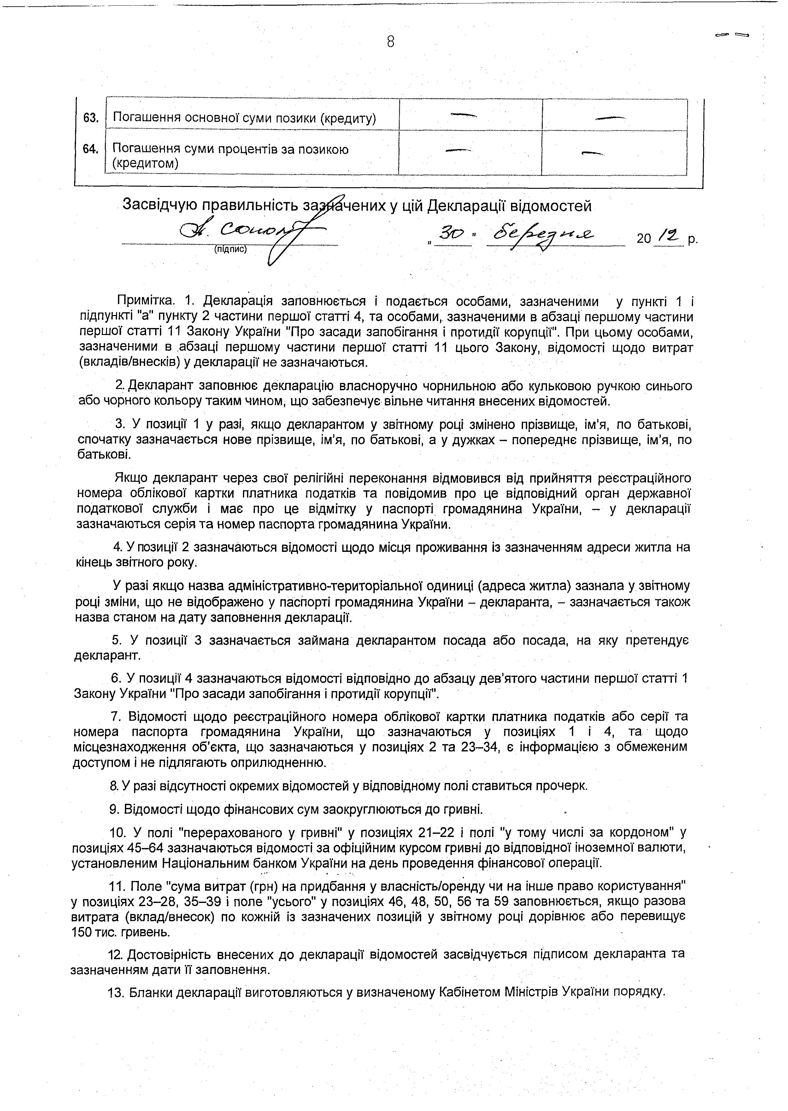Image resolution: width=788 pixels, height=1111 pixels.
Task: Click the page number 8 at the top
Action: [391, 42]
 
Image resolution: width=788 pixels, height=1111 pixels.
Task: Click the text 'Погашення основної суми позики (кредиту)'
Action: [244, 118]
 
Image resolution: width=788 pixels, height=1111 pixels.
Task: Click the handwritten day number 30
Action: [451, 235]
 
